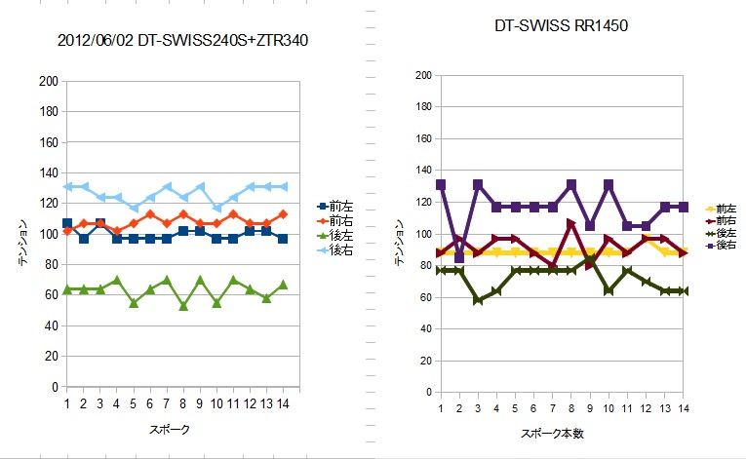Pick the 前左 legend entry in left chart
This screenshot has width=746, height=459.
(x=337, y=207)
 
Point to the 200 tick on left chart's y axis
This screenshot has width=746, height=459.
(x=48, y=82)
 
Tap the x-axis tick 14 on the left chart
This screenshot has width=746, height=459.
(x=283, y=402)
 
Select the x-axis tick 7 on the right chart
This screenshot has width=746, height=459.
(x=553, y=408)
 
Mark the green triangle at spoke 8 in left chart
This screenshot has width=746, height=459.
(x=183, y=306)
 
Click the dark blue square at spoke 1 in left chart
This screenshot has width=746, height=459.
(x=66, y=223)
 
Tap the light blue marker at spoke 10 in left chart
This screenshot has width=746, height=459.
(x=216, y=208)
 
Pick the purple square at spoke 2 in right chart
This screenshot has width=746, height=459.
(x=459, y=257)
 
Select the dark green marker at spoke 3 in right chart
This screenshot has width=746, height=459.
(x=478, y=299)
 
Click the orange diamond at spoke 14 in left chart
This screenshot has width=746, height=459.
(x=283, y=214)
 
